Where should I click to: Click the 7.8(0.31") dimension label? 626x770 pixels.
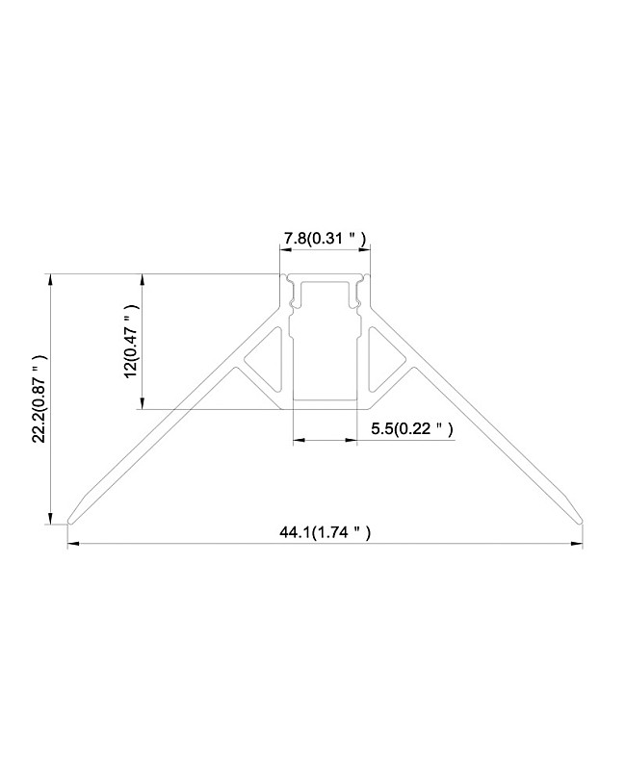pos(324,238)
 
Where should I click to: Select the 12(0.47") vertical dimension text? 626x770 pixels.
pos(132,342)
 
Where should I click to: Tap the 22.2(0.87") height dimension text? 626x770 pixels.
pos(39,399)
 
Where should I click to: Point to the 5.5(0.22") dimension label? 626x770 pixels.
pos(411,427)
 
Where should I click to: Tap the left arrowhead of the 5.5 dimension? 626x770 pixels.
pos(297,441)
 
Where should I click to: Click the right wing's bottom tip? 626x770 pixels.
pos(580,521)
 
